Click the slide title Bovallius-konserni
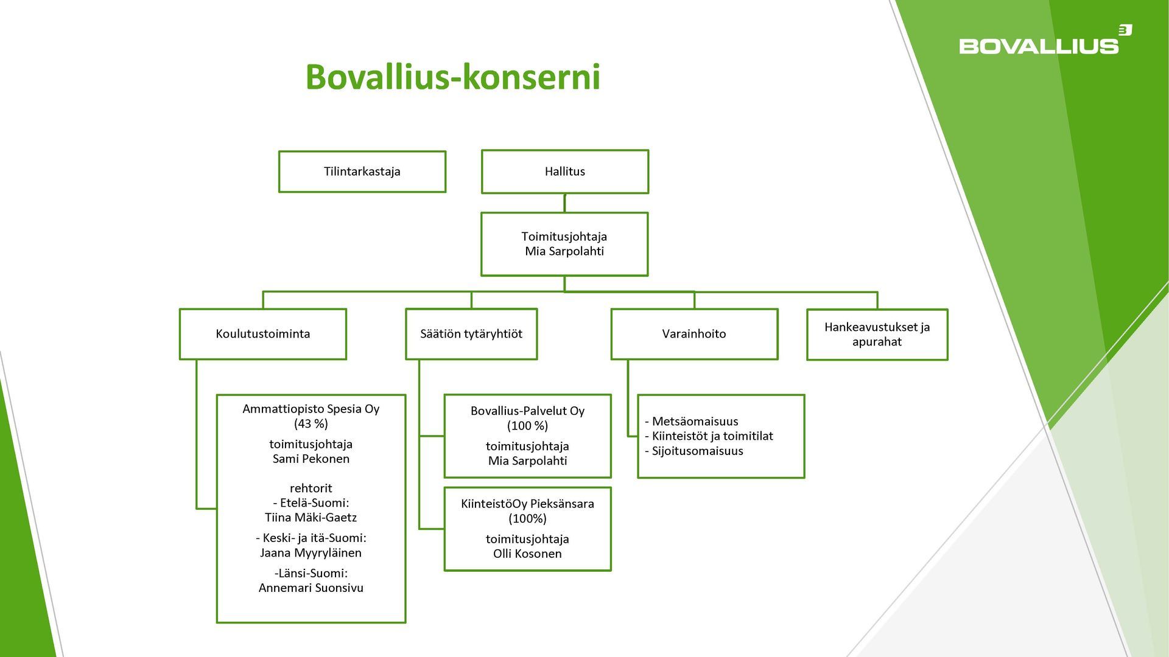452,77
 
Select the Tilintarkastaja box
362,172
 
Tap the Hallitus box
564,172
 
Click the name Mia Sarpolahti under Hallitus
564,251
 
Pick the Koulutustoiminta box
262,334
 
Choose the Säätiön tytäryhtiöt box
471,334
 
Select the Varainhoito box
693,334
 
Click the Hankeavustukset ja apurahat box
877,334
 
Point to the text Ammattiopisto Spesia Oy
311,409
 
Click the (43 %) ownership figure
311,423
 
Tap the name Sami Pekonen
311,459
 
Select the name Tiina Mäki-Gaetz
311,518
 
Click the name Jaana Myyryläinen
311,553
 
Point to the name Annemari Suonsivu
311,588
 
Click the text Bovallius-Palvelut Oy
527,411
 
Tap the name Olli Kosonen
527,554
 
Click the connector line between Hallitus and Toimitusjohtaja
564,203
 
